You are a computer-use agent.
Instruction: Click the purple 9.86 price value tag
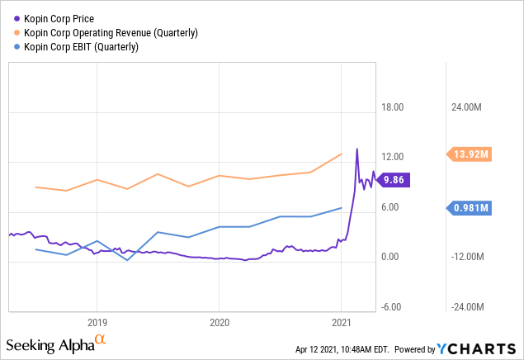click(x=394, y=180)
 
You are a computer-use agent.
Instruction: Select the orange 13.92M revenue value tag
click(x=470, y=154)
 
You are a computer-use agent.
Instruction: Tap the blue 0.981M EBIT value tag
click(x=470, y=208)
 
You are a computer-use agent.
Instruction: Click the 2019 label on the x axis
click(x=97, y=323)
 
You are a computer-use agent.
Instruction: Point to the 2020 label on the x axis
click(x=220, y=323)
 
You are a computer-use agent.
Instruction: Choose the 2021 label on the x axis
click(x=342, y=323)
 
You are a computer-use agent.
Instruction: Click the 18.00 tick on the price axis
click(x=393, y=107)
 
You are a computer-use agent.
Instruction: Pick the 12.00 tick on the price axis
click(x=393, y=157)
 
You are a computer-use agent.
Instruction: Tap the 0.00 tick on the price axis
click(x=390, y=257)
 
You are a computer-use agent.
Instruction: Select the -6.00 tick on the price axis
click(x=391, y=307)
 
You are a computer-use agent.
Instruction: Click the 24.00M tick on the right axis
click(x=466, y=107)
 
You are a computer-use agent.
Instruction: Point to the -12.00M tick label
click(x=468, y=257)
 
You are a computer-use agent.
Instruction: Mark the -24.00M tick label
click(x=468, y=307)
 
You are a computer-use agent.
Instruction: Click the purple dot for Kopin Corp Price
click(x=17, y=19)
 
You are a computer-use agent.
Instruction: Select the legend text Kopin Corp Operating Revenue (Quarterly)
click(x=111, y=33)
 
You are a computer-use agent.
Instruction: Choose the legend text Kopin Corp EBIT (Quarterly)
click(x=81, y=47)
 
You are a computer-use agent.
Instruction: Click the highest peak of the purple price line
click(x=357, y=149)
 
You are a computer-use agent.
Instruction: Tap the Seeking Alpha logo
click(x=56, y=344)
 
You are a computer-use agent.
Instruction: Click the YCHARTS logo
click(x=476, y=348)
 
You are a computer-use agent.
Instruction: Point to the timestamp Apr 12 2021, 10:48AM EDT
click(x=342, y=349)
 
